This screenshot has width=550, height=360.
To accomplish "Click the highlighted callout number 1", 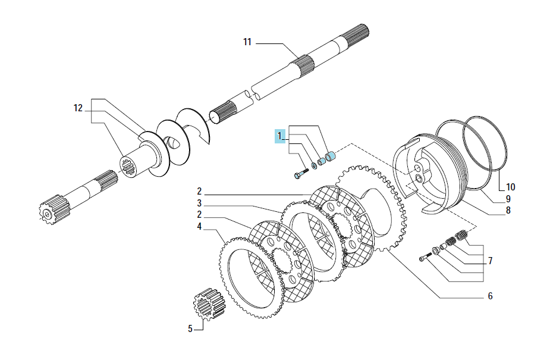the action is (x=279, y=136).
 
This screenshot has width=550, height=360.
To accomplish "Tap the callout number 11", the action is (x=247, y=42).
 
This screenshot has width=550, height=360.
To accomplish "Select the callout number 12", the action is (x=78, y=108).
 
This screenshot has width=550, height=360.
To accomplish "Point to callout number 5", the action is (x=190, y=329).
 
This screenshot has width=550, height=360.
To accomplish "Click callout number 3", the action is (x=199, y=203).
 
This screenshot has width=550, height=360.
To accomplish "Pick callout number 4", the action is (x=199, y=227).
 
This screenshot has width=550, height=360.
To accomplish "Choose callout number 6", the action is (x=490, y=296).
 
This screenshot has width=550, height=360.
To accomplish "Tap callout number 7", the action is (x=490, y=261).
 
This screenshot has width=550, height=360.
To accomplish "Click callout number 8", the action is (x=508, y=211).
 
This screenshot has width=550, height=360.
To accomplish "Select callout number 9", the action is (x=508, y=199).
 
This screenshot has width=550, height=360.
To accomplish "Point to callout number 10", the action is (x=510, y=187).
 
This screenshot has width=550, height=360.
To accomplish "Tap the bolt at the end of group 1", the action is (x=301, y=173).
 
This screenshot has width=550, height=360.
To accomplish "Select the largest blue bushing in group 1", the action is (x=331, y=156).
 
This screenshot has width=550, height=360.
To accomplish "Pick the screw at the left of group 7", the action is (x=425, y=257).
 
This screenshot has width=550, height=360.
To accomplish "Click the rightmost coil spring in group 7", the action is (x=461, y=234).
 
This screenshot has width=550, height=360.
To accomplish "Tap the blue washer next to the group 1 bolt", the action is (x=314, y=165).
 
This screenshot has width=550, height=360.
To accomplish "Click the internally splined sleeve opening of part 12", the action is (x=129, y=167).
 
